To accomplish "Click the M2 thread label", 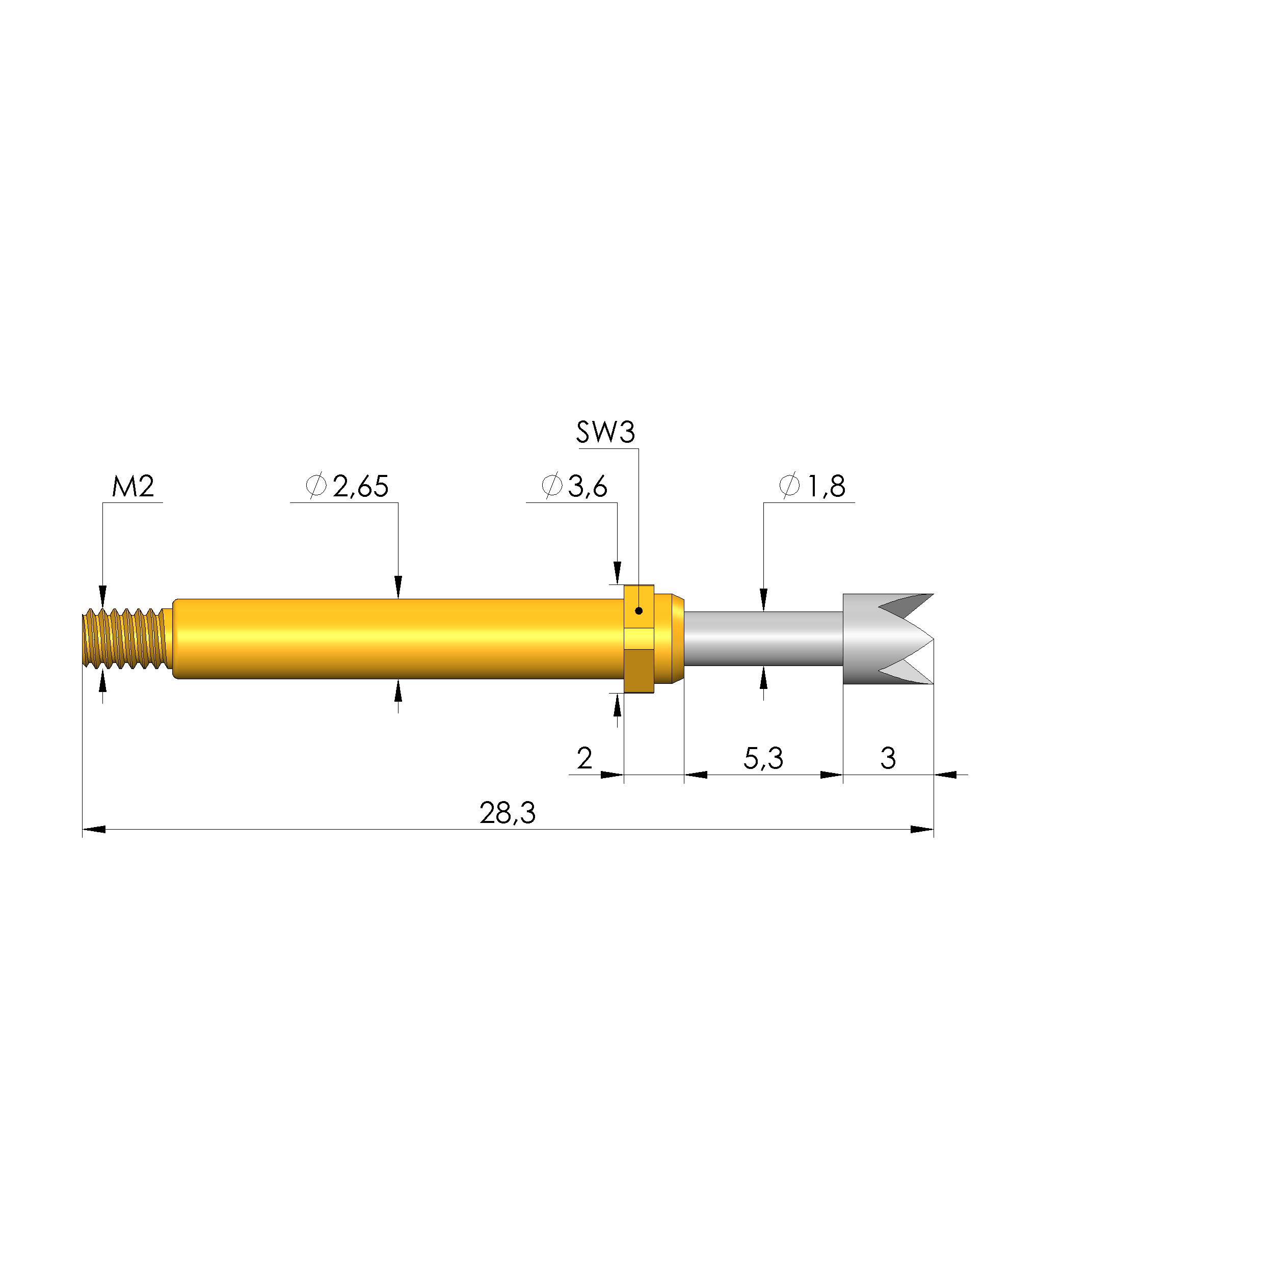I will click(133, 487).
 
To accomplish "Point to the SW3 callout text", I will click(605, 433).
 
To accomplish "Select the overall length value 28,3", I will click(507, 813).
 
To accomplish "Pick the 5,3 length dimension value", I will click(763, 758).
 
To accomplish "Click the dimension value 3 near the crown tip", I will click(888, 758).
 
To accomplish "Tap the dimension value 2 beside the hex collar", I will click(584, 758).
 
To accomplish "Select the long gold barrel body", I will click(396, 639).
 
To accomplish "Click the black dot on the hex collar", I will click(639, 611).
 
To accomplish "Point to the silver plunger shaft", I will click(763, 639).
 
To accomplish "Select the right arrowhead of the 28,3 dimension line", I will click(922, 830).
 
